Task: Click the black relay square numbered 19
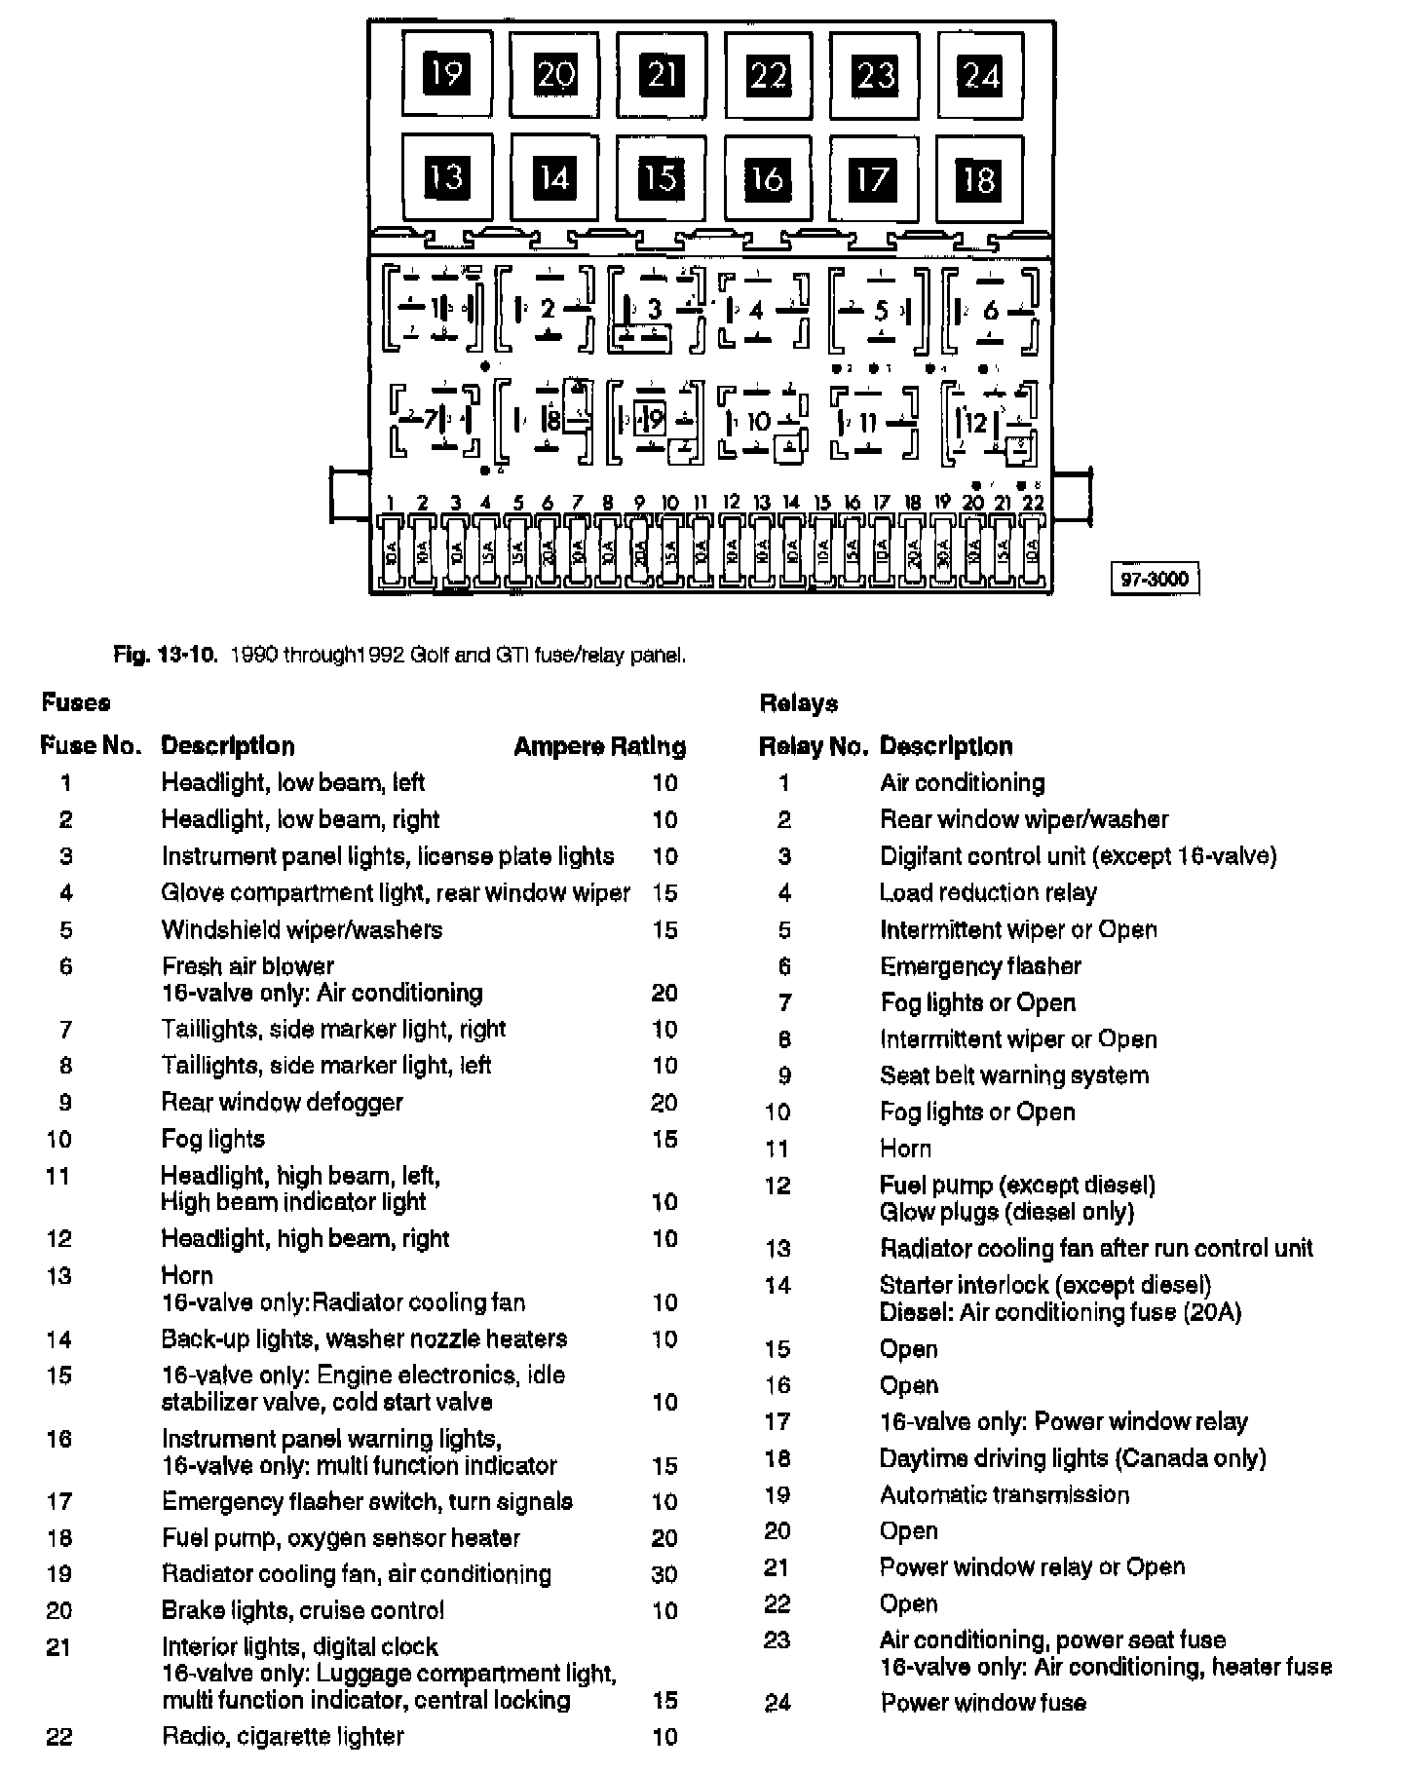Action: (x=446, y=74)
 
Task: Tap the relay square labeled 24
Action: (x=980, y=75)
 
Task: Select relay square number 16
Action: (x=767, y=178)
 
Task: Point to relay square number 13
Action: (x=446, y=177)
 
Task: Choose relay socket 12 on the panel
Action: (x=989, y=423)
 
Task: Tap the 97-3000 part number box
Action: (x=1155, y=579)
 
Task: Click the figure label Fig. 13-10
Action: (x=164, y=655)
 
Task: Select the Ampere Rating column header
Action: (x=599, y=746)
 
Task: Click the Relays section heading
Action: (x=798, y=702)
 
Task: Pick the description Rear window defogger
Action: (x=282, y=1102)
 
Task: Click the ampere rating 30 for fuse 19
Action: (x=664, y=1574)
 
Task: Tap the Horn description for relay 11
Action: (x=905, y=1149)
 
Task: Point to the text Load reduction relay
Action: (x=988, y=892)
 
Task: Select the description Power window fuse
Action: (x=983, y=1703)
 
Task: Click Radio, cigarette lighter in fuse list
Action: (x=283, y=1736)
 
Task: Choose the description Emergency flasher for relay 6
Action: (x=980, y=966)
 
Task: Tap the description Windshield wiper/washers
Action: (x=301, y=929)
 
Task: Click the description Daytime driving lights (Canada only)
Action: (x=1073, y=1458)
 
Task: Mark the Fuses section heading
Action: (x=76, y=702)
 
